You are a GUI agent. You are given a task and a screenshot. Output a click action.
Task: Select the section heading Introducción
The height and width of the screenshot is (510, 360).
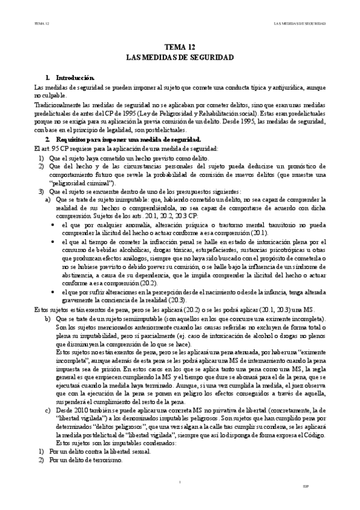(75, 78)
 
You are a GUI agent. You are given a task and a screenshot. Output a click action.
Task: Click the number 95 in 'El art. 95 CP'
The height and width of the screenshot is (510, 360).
(57, 148)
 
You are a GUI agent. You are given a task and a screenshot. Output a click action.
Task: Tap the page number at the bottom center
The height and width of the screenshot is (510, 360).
(180, 499)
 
